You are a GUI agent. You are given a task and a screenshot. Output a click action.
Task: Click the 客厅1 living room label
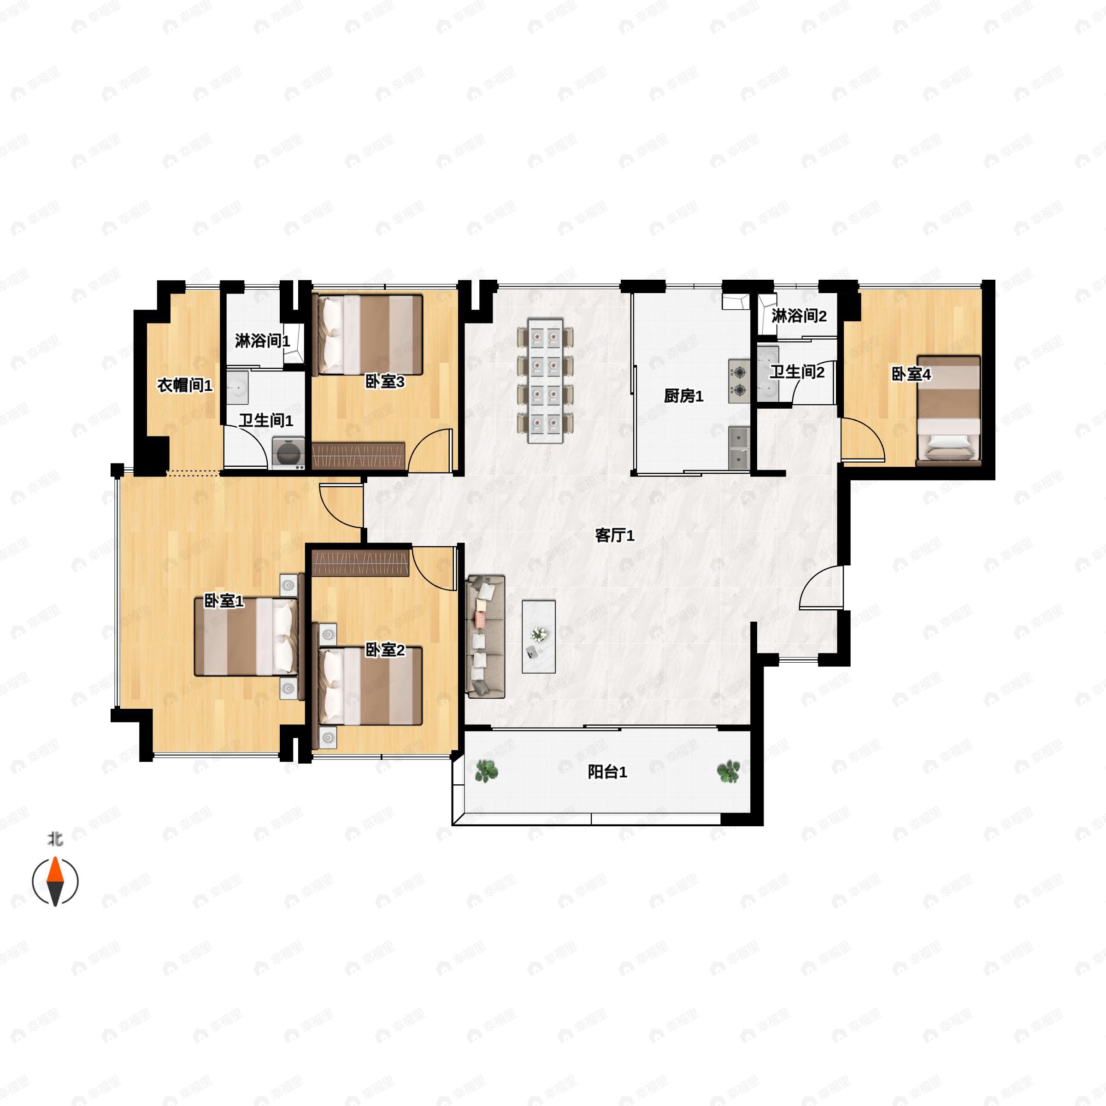[614, 535]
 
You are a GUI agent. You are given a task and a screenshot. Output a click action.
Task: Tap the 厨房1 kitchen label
[683, 395]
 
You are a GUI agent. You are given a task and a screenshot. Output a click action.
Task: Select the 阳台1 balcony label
[607, 772]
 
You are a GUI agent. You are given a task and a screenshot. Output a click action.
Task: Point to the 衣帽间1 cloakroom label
[184, 385]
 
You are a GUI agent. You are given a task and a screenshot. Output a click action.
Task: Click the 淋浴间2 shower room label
[799, 315]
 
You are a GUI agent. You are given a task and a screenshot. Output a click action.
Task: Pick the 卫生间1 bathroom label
[265, 421]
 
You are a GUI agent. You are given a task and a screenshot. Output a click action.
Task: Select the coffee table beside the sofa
[539, 636]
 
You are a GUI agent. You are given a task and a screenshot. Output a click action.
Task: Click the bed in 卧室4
[948, 410]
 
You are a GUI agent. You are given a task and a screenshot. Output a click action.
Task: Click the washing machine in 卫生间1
[288, 453]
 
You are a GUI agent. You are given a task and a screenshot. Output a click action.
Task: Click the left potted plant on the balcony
[486, 771]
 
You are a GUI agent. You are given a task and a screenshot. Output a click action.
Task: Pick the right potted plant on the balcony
[728, 771]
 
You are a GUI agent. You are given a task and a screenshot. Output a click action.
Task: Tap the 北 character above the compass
[55, 839]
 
